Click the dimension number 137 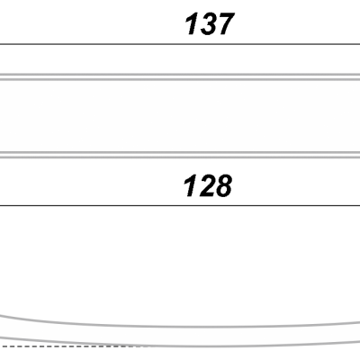pos(209,24)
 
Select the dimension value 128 pos(208,186)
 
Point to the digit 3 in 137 pos(207,24)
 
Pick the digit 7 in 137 pos(225,24)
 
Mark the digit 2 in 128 pos(206,186)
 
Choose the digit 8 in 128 pos(223,186)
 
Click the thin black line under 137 pos(180,44)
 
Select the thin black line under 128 pos(180,206)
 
